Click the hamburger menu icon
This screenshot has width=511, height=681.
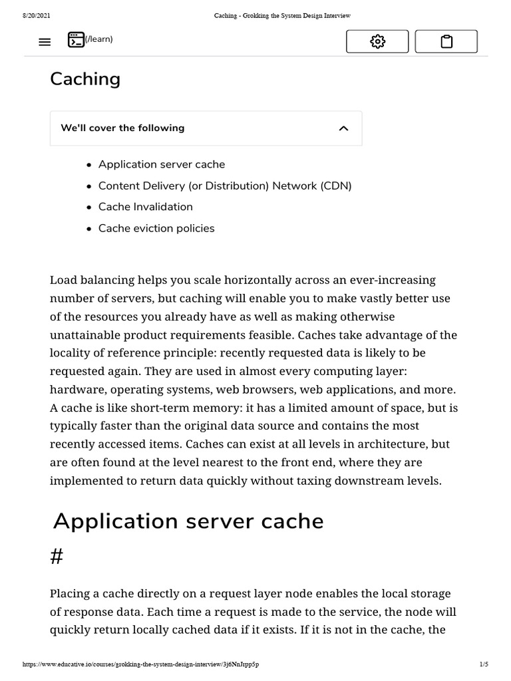tap(45, 42)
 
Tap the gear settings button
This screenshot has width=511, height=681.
tap(377, 42)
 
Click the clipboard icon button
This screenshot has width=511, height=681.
tap(446, 42)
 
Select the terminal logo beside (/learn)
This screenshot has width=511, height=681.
tap(76, 39)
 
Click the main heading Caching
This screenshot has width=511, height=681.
tap(85, 79)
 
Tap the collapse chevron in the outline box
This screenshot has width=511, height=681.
tap(343, 128)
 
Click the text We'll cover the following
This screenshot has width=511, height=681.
tap(122, 128)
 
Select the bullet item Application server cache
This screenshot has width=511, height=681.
tap(162, 164)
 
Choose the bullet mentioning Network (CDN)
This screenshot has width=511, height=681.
tap(225, 186)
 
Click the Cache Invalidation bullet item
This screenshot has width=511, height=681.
tap(146, 207)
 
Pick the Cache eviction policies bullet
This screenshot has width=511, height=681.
tap(156, 228)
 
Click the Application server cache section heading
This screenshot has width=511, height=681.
tap(188, 521)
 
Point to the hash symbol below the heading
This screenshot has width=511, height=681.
tap(57, 557)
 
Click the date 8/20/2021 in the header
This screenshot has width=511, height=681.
tap(36, 15)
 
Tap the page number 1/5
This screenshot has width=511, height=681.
tap(483, 664)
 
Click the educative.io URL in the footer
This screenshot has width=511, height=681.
tap(140, 664)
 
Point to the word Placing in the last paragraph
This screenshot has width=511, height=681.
tap(71, 593)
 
